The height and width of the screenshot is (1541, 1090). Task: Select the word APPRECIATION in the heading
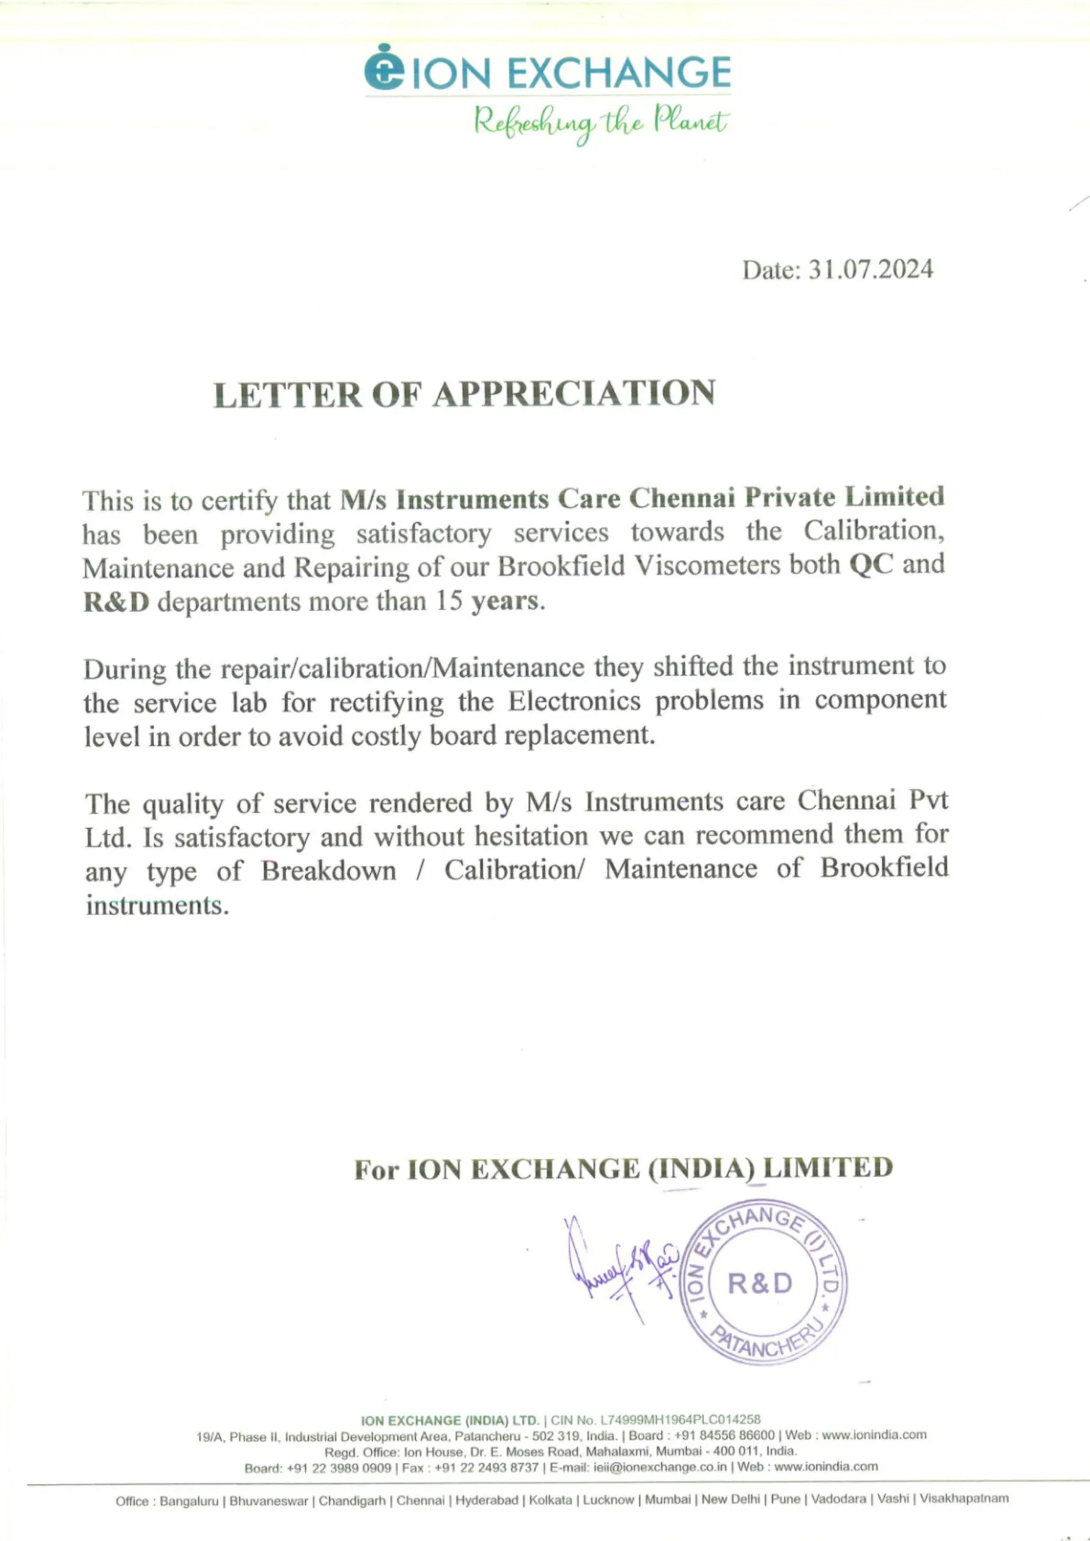(x=573, y=394)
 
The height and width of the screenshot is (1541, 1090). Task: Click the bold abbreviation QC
(x=871, y=565)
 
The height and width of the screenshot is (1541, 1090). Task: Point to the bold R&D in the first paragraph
(x=116, y=601)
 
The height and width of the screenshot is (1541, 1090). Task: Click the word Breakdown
(x=329, y=870)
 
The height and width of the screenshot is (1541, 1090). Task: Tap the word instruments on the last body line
(x=157, y=905)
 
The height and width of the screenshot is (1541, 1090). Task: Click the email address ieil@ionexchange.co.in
(x=660, y=1466)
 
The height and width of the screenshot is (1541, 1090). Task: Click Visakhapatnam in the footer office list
(x=964, y=1499)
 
